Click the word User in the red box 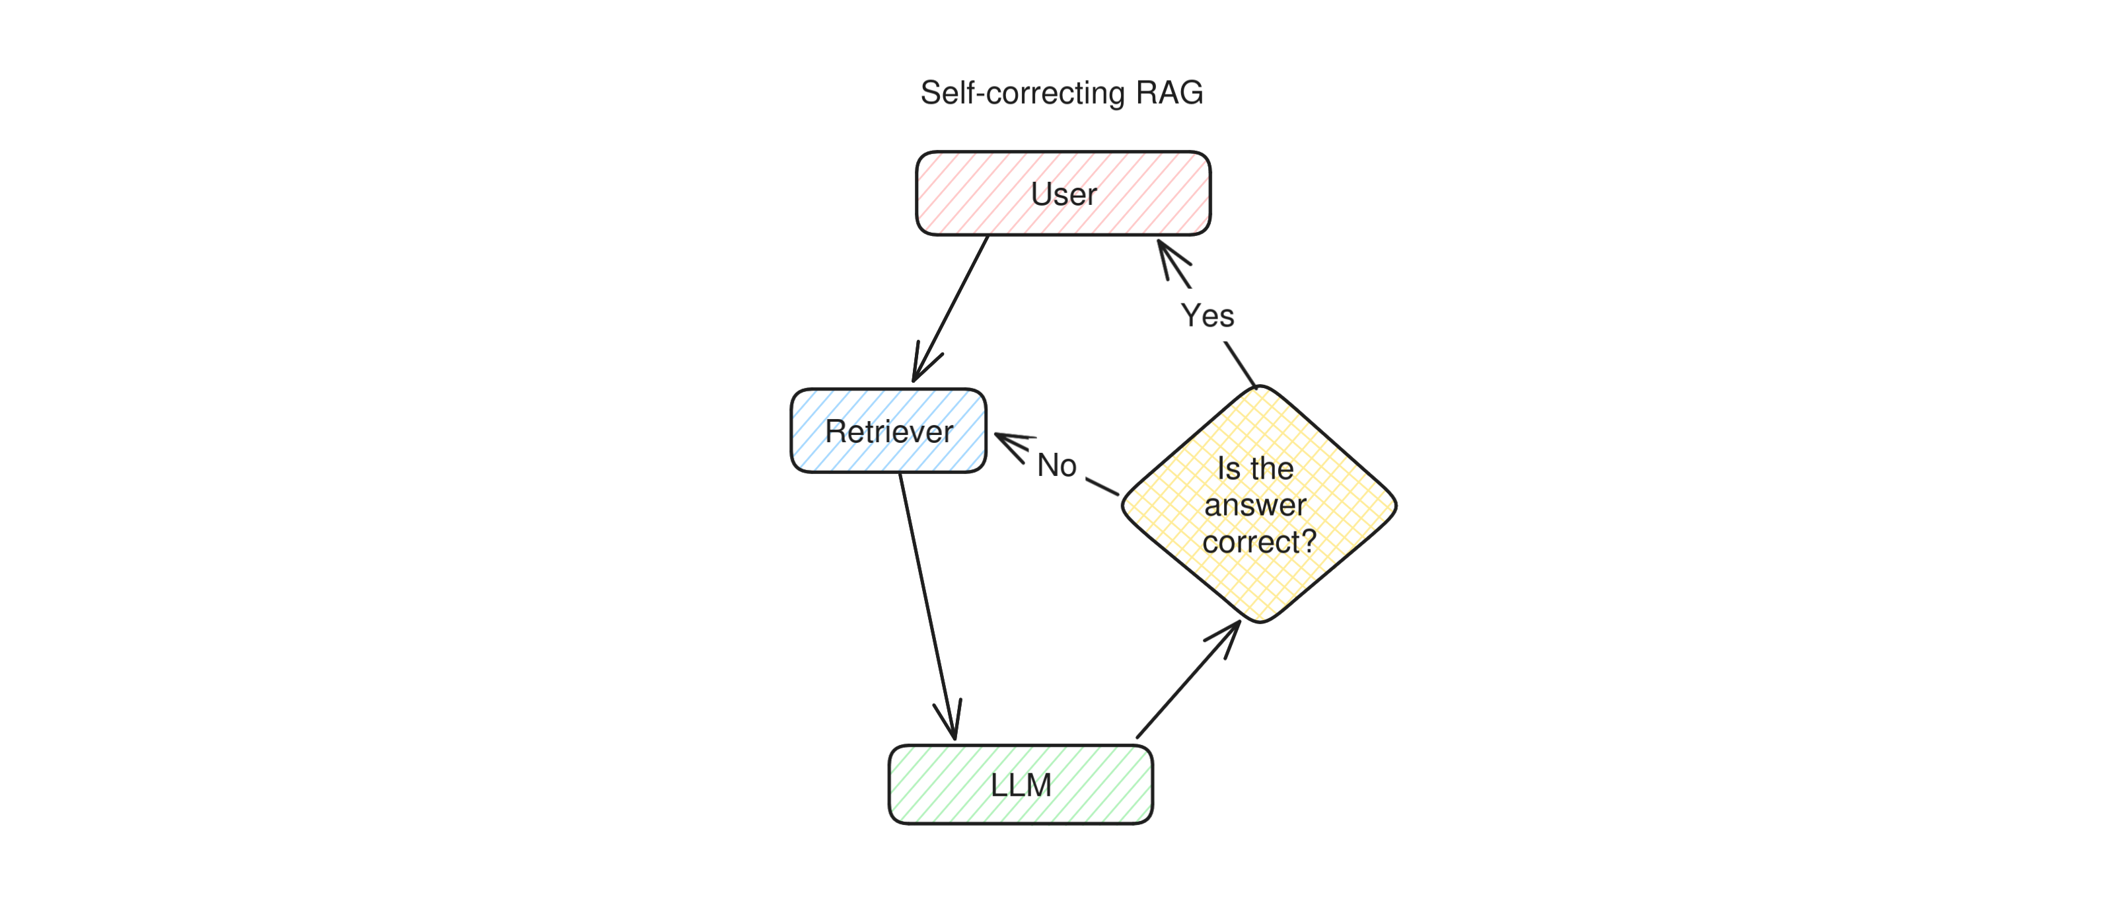coord(1063,194)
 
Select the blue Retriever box coord(888,430)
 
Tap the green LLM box coord(1021,784)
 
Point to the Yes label coord(1208,315)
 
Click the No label coord(1056,465)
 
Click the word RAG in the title coord(1169,93)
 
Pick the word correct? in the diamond coord(1258,542)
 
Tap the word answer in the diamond coord(1255,504)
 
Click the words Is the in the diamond coord(1255,468)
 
